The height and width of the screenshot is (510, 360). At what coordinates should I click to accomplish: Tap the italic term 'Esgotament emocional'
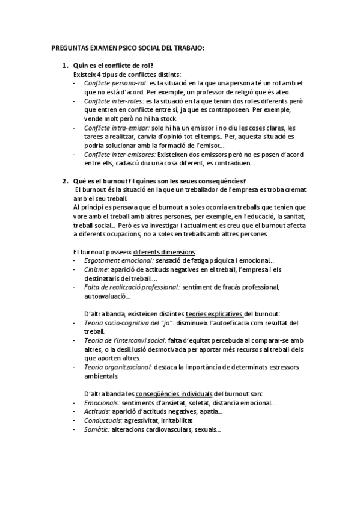pyautogui.click(x=119, y=260)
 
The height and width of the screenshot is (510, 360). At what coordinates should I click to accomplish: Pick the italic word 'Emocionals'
pyautogui.click(x=101, y=403)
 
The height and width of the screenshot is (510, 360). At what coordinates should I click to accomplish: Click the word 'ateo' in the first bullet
pyautogui.click(x=282, y=91)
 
